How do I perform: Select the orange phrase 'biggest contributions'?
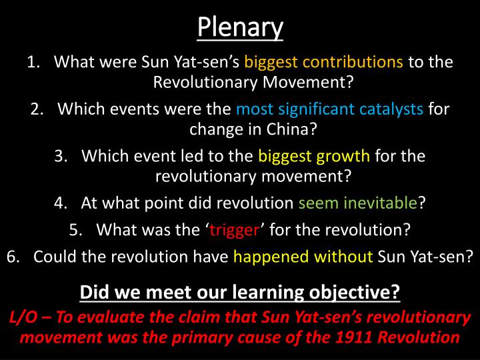(x=323, y=63)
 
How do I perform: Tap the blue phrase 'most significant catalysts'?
(x=329, y=109)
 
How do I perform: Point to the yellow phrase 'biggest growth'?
(x=313, y=156)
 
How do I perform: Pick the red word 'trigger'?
(x=234, y=230)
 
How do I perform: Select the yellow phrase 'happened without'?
(x=303, y=257)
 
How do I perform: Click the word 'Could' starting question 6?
(x=51, y=257)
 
